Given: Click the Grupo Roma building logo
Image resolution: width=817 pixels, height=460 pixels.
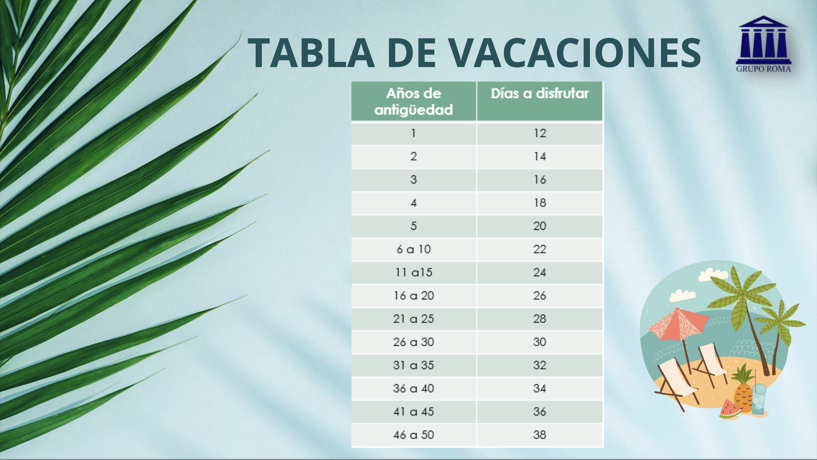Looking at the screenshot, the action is pyautogui.click(x=763, y=44).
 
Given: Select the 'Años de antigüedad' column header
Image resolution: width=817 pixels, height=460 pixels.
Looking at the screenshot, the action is pyautogui.click(x=414, y=102).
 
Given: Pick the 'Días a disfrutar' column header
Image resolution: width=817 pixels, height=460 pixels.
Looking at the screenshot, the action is pyautogui.click(x=540, y=102).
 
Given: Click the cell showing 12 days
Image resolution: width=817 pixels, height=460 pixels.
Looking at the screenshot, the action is pyautogui.click(x=540, y=133).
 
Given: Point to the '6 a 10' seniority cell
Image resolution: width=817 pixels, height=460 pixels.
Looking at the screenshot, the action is pyautogui.click(x=414, y=249).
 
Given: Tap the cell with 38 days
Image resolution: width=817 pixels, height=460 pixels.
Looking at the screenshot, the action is pyautogui.click(x=540, y=435).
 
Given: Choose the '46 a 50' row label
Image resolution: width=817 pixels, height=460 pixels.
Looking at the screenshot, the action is pyautogui.click(x=414, y=435).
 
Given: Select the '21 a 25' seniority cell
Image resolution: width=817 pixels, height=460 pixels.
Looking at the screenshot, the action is pyautogui.click(x=414, y=319).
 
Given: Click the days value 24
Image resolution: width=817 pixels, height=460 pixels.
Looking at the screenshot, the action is pyautogui.click(x=540, y=272).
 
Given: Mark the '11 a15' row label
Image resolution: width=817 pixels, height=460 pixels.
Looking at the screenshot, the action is pyautogui.click(x=414, y=272).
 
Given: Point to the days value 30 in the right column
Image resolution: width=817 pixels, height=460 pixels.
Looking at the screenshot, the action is pyautogui.click(x=540, y=342).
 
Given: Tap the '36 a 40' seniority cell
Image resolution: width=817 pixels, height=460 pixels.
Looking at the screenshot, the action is pyautogui.click(x=414, y=389).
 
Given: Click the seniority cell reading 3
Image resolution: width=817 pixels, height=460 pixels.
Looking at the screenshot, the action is pyautogui.click(x=414, y=180).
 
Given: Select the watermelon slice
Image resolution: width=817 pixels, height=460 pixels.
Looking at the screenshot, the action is pyautogui.click(x=729, y=410).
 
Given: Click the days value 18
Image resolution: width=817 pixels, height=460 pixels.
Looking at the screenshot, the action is pyautogui.click(x=540, y=203).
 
